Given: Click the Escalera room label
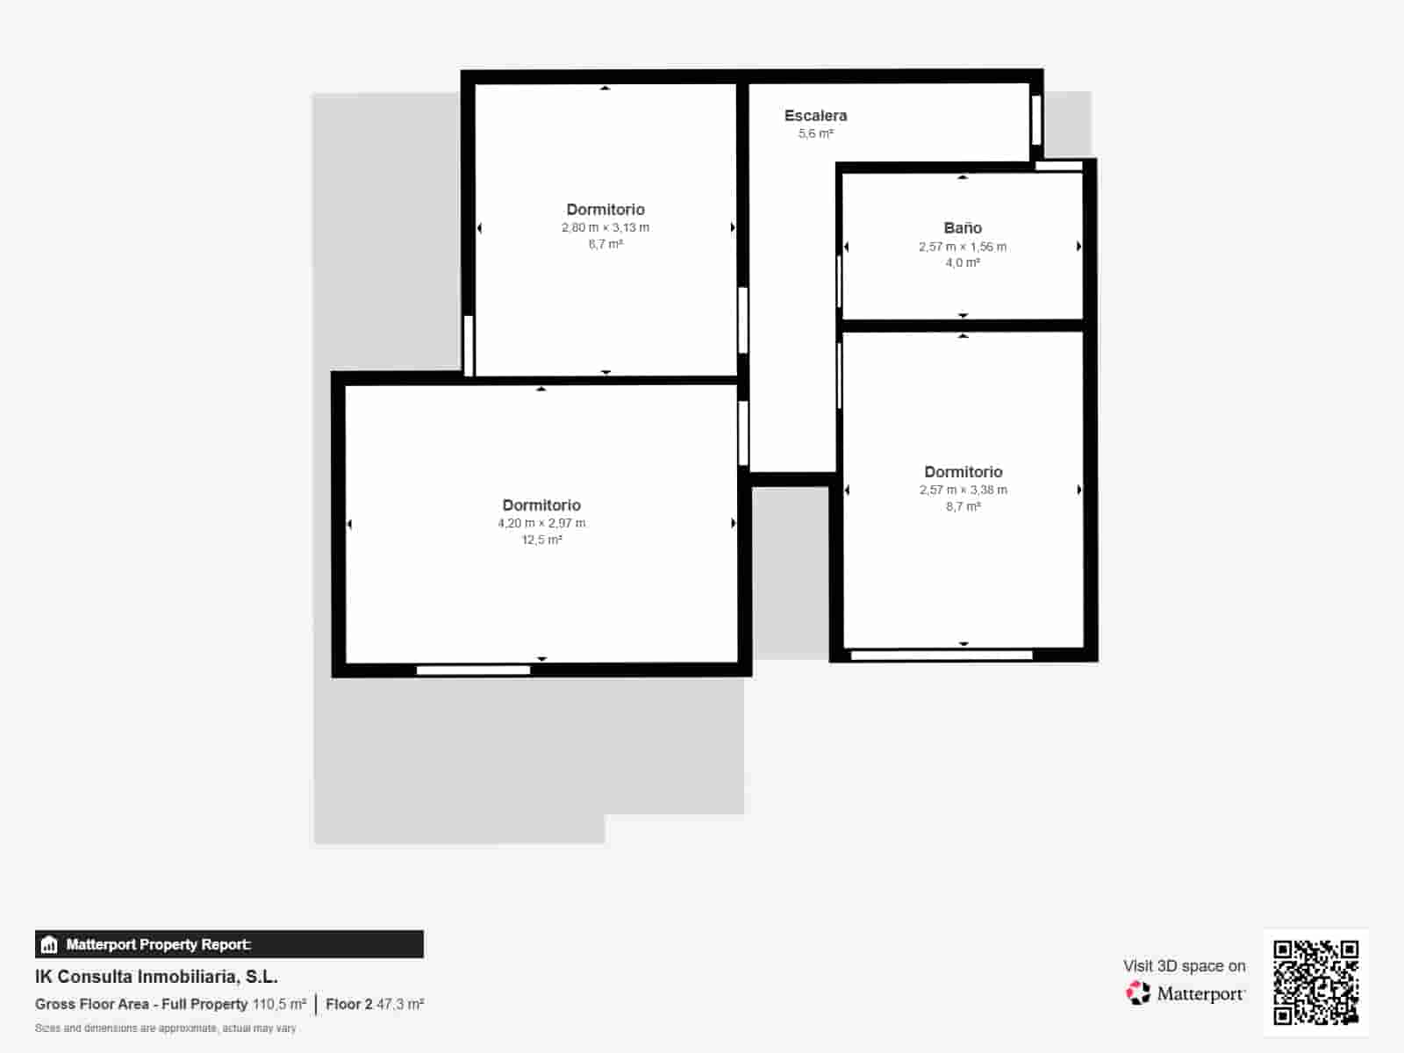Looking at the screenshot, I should (815, 115).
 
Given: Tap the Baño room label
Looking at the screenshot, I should (963, 228).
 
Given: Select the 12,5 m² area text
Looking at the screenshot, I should (541, 540).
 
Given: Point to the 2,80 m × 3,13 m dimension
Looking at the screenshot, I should (605, 227).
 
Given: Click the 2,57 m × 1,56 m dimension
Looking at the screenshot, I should (963, 247).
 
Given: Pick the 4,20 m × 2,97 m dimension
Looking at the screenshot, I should (541, 523).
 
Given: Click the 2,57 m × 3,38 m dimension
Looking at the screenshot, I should (963, 490).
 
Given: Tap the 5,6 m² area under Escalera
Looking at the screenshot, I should (815, 133).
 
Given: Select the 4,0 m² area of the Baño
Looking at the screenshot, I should (963, 262).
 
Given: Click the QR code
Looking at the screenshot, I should (1315, 982).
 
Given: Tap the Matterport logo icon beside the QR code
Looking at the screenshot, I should (1138, 992).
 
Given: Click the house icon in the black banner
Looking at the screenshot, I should (49, 944).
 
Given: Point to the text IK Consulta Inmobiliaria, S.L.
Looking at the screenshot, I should (156, 976).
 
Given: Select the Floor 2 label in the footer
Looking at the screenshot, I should (348, 1004).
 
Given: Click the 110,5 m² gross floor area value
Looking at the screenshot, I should (279, 1004).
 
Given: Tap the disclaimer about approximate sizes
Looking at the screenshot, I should (165, 1028).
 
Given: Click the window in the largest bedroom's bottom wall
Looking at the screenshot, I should (473, 670).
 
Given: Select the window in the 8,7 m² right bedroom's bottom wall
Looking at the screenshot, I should (941, 655).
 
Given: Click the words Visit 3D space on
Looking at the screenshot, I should (1184, 965).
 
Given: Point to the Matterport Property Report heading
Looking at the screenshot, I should (158, 944).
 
